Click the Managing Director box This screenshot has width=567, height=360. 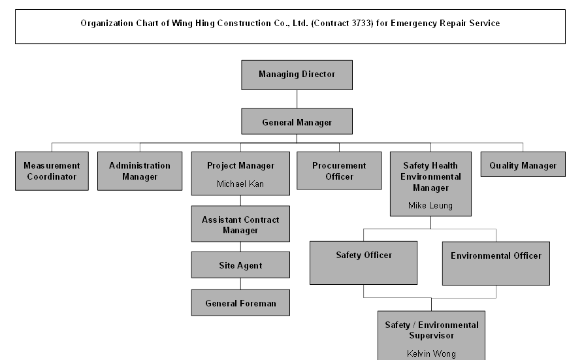(297, 74)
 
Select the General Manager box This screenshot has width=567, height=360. (297, 122)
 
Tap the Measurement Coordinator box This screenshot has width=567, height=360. (52, 171)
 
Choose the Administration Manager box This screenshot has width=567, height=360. (140, 171)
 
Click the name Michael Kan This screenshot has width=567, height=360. (240, 184)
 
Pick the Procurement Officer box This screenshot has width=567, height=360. (339, 171)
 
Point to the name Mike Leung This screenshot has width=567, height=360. (430, 205)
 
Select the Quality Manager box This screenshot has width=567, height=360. (523, 166)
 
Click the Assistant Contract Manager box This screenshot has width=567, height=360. (240, 225)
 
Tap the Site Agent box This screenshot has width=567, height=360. (240, 265)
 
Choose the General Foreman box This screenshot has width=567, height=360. (240, 303)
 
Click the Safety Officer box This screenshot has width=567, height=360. (363, 263)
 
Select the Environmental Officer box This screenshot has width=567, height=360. (496, 263)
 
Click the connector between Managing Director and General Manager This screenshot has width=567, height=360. (297, 99)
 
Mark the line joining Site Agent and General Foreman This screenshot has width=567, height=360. (240, 284)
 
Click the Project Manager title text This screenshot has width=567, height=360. (240, 166)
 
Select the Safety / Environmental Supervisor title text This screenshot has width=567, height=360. (431, 330)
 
